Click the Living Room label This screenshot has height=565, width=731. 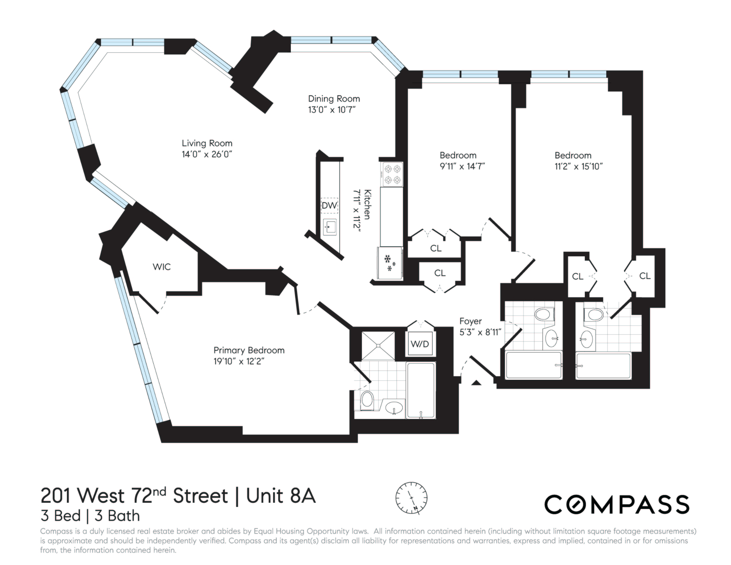(x=207, y=143)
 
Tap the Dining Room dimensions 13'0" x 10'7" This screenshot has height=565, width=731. (x=332, y=110)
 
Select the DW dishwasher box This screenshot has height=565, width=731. (x=329, y=205)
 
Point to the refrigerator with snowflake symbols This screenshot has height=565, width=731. (x=390, y=263)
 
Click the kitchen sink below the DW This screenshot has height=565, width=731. (x=330, y=227)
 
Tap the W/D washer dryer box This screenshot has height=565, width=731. (x=420, y=344)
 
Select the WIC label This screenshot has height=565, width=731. (x=162, y=267)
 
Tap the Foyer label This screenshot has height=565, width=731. (x=470, y=321)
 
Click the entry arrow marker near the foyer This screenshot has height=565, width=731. (x=476, y=383)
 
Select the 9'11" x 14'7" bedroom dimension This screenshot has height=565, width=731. (x=462, y=166)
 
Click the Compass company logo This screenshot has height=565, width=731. (x=616, y=504)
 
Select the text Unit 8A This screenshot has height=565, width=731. (x=281, y=496)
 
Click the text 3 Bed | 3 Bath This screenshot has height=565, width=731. (x=90, y=516)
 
